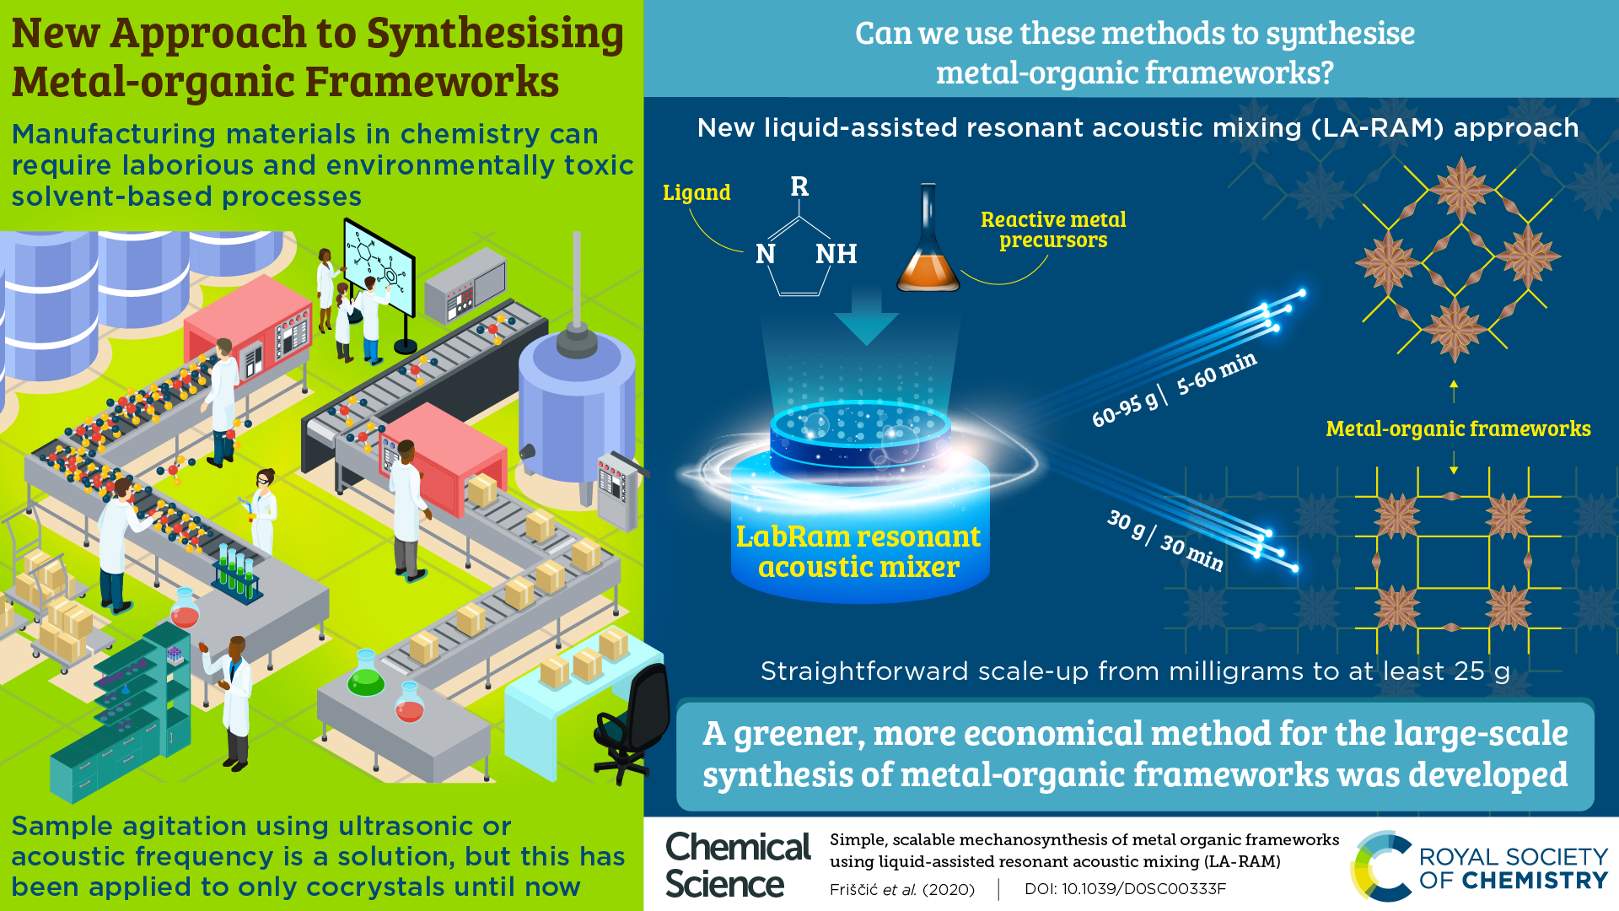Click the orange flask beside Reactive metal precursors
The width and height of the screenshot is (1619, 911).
[928, 253]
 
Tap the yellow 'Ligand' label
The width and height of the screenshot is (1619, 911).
[697, 192]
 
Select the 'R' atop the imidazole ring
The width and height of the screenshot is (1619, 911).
[799, 186]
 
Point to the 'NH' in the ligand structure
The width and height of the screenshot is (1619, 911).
[836, 253]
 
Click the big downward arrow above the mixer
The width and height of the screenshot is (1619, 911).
[866, 316]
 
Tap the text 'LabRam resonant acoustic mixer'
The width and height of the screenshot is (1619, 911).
[858, 552]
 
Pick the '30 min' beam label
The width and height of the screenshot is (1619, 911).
[1191, 553]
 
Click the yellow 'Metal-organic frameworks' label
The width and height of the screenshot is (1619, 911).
[1458, 429]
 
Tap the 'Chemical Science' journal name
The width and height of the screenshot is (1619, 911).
[737, 865]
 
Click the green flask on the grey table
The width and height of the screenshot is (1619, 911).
[366, 675]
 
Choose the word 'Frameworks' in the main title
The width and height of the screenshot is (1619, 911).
[432, 82]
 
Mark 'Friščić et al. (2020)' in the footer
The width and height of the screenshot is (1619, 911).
[901, 889]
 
